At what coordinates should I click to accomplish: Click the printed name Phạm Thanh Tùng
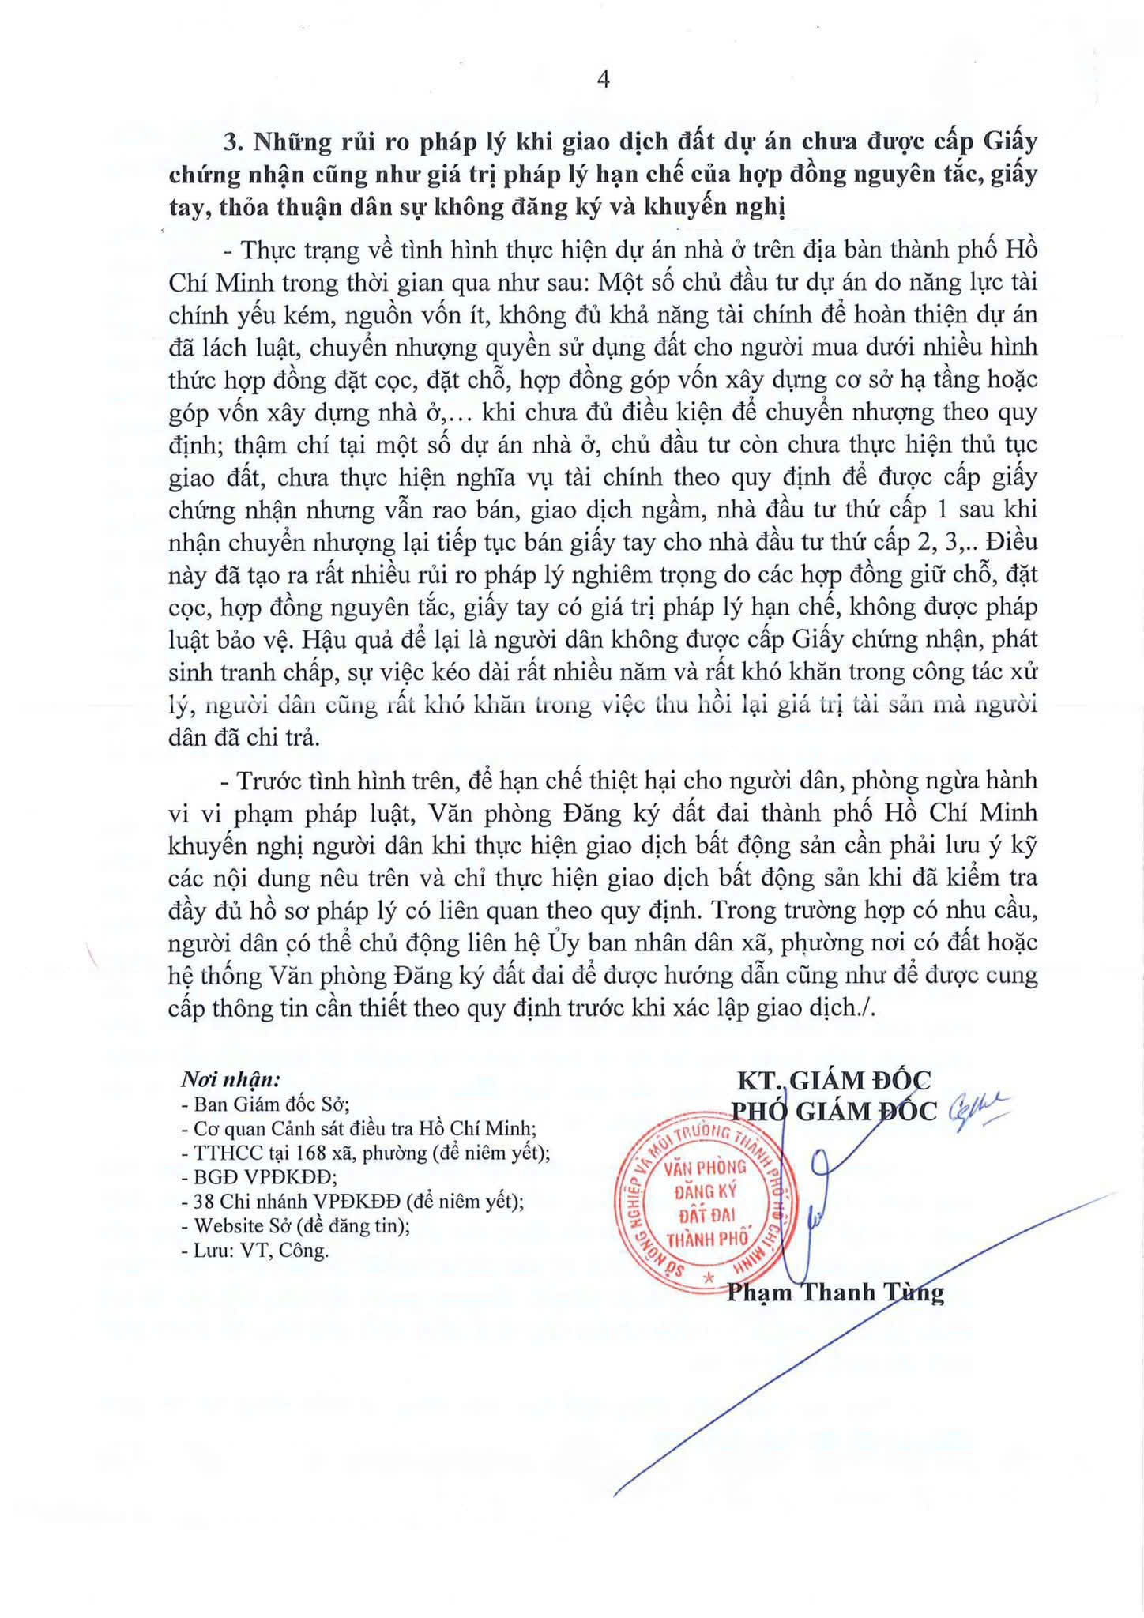(835, 1293)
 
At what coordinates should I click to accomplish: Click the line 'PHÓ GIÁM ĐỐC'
(834, 1112)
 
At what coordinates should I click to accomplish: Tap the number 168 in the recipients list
(292, 1153)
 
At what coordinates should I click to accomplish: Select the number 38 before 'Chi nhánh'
(203, 1202)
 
